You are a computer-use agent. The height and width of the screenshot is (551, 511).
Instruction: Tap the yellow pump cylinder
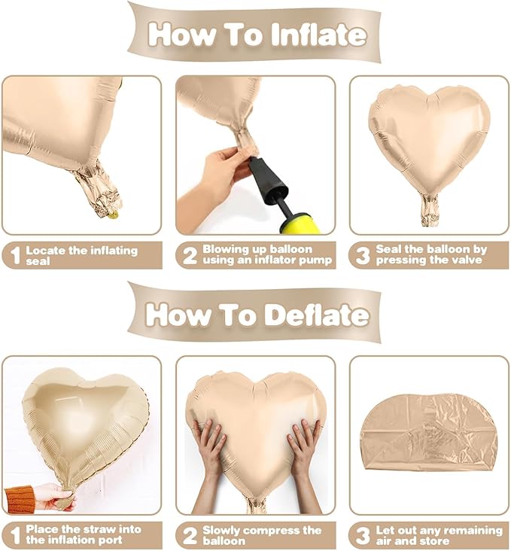(300, 224)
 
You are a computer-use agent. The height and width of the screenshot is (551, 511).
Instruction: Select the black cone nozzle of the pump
(269, 180)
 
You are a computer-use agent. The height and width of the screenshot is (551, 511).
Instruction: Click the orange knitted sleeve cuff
(20, 499)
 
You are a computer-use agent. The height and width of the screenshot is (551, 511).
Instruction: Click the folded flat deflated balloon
(429, 433)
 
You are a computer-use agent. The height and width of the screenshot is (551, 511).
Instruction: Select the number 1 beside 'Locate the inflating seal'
(15, 255)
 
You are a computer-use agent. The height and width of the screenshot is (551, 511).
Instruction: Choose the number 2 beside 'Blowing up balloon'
(190, 255)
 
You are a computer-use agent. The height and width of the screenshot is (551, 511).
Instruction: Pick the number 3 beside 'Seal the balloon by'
(363, 255)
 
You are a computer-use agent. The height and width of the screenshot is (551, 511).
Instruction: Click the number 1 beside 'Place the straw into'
(15, 535)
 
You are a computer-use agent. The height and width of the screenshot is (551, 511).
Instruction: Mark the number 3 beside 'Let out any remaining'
(363, 535)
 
